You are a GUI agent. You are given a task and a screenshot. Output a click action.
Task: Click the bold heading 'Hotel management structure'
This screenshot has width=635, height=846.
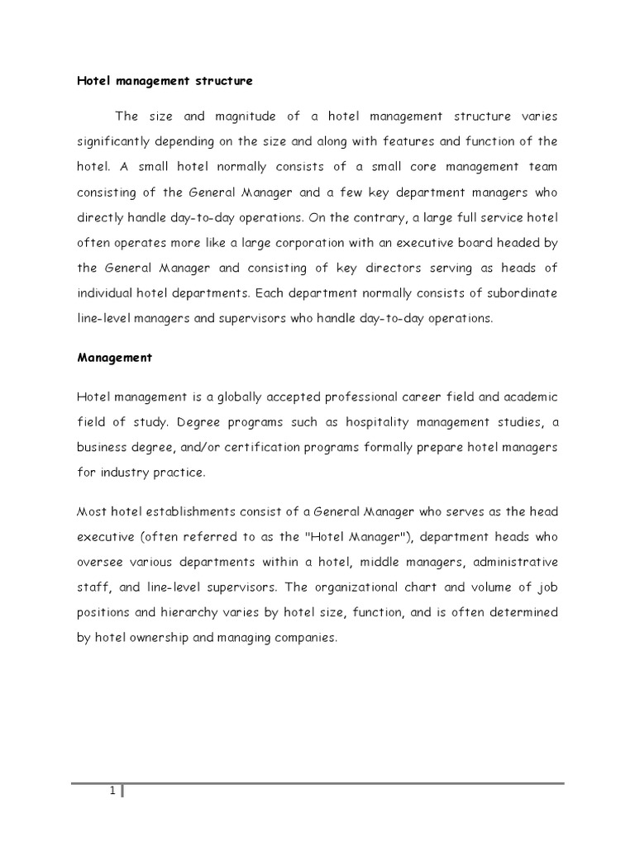(x=165, y=81)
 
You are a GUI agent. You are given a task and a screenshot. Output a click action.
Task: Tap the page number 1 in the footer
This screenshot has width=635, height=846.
(x=112, y=792)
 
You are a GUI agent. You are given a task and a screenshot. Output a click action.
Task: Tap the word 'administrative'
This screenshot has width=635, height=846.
(x=513, y=562)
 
